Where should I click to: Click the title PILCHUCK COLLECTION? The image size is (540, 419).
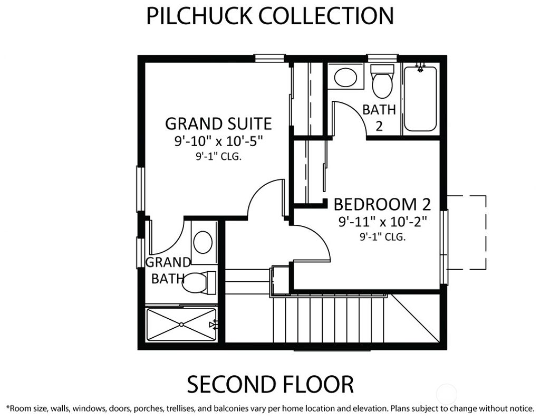[x=269, y=16]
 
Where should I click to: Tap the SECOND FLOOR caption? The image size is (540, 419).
[x=269, y=384]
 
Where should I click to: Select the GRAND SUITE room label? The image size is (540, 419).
[x=218, y=123]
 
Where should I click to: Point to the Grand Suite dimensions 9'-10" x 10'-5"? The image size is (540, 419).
[x=218, y=141]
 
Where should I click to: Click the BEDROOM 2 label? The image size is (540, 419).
[x=382, y=204]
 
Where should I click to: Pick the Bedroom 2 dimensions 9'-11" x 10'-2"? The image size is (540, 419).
[x=382, y=221]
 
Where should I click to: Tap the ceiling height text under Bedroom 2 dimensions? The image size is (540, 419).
[x=382, y=237]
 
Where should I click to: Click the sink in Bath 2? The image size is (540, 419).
[x=345, y=77]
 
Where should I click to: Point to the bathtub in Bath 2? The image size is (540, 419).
[x=420, y=99]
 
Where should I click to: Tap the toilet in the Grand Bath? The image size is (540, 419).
[x=198, y=283]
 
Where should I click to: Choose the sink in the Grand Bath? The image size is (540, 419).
[x=203, y=242]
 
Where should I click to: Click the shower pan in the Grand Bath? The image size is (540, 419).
[x=181, y=324]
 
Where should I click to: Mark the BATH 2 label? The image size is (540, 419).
[x=379, y=117]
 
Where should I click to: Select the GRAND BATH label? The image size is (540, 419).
[x=168, y=270]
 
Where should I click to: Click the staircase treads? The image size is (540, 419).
[x=330, y=319]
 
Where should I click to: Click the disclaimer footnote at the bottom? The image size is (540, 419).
[x=269, y=408]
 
